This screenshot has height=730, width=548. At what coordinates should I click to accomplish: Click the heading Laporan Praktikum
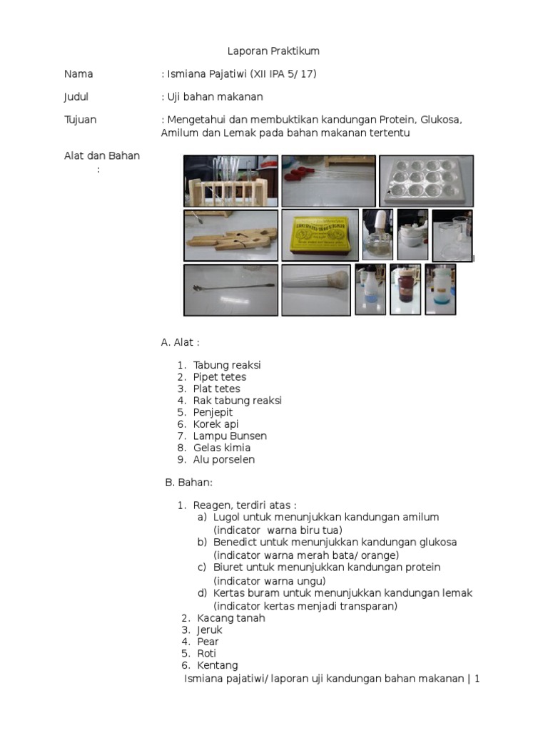point(273,51)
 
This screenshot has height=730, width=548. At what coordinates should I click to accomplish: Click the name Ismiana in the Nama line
point(188,74)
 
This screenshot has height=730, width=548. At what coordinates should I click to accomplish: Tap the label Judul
point(76,97)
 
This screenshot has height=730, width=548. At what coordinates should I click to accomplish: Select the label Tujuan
point(80,120)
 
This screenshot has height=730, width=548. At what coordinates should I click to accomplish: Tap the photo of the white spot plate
point(426,180)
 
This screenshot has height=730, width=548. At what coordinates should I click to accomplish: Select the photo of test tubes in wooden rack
point(230,180)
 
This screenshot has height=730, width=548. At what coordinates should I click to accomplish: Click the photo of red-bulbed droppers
point(328,180)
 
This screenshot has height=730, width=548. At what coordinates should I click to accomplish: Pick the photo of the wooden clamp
point(230,235)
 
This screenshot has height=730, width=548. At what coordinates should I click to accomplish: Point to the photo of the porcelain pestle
point(315,289)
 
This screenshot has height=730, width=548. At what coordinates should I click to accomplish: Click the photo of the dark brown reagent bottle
point(405,289)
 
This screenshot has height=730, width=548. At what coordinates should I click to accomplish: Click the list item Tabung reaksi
point(227,365)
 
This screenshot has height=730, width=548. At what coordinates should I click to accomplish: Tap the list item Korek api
point(215,424)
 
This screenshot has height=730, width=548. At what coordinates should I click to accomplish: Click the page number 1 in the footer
point(477,679)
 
